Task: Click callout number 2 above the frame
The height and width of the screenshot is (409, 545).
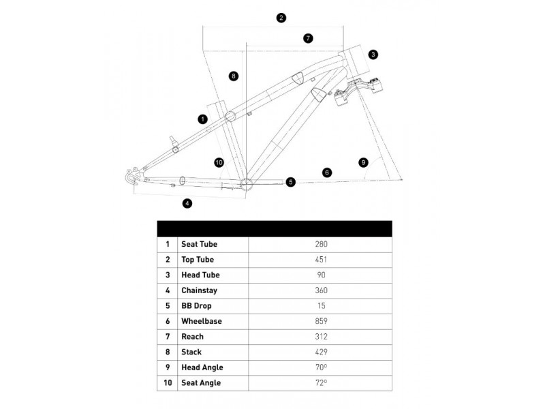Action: click(281, 18)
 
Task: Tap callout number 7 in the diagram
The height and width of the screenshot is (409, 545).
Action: click(308, 38)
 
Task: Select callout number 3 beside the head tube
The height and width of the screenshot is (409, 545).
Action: click(373, 55)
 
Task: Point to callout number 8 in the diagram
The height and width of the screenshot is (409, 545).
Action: click(234, 76)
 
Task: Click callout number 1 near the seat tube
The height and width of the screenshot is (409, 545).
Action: click(202, 119)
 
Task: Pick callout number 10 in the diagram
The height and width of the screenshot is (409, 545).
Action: click(219, 162)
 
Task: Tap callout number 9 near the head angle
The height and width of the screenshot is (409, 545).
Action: click(363, 162)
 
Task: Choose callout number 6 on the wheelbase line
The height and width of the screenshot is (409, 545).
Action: click(327, 172)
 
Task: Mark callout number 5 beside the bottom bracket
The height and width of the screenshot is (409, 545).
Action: click(291, 181)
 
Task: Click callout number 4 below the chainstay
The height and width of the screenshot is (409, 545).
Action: click(187, 203)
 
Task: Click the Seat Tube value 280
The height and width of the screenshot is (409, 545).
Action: click(321, 244)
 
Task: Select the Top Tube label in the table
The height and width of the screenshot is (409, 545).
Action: click(198, 260)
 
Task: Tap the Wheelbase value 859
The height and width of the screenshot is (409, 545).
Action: click(321, 321)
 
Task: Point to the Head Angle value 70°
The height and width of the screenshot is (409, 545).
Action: click(321, 367)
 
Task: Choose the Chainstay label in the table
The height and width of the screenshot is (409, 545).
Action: click(199, 290)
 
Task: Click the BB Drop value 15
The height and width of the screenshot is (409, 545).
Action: click(322, 305)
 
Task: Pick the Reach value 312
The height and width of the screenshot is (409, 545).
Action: click(321, 337)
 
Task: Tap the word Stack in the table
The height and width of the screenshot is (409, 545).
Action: click(191, 352)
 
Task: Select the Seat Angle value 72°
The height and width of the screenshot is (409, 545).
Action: click(321, 382)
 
